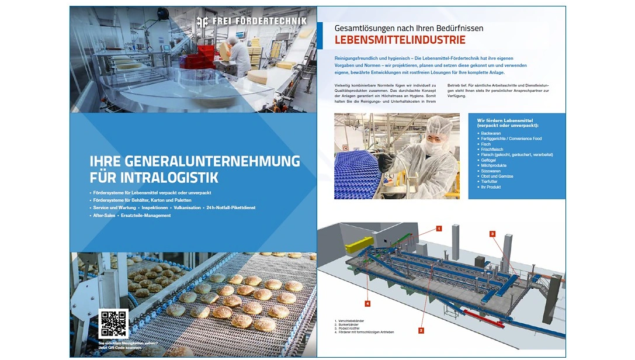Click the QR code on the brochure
point(113,323)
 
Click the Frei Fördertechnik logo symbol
point(202,22)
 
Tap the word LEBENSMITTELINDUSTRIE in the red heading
point(400,40)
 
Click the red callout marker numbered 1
point(439,229)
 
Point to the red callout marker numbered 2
point(421,330)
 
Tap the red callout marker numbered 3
point(492,234)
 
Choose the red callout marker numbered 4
point(367,303)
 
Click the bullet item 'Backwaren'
point(491,133)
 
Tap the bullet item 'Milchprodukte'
point(494,165)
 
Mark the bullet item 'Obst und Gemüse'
point(498,176)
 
